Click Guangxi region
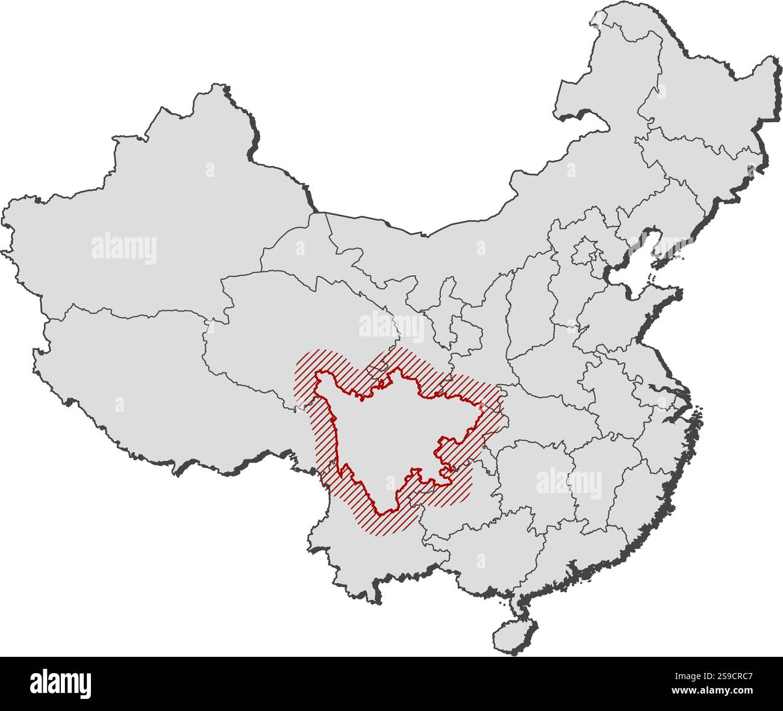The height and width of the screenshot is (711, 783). tap(482, 554)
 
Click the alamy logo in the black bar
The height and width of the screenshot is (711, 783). tap(61, 683)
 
